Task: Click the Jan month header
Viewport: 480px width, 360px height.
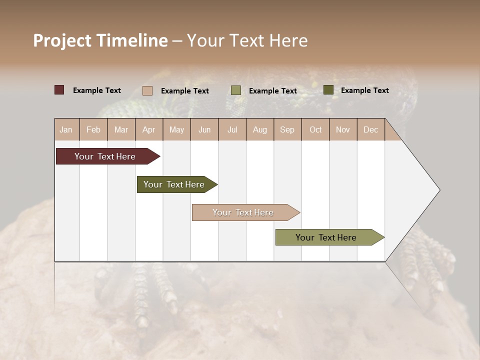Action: point(66,129)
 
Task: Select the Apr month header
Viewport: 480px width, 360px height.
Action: point(148,129)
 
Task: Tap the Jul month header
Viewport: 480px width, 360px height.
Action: point(232,129)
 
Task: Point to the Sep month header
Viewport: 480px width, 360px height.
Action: point(287,129)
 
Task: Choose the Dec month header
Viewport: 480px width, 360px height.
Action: point(370,129)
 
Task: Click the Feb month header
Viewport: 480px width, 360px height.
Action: point(93,129)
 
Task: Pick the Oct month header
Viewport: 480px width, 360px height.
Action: point(315,129)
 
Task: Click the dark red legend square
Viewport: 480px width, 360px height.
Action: point(59,90)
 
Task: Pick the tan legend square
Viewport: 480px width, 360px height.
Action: point(147,90)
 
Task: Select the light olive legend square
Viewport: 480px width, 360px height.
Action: point(236,90)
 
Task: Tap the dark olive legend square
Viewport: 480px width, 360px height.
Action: point(328,90)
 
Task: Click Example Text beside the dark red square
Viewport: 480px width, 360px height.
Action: point(97,90)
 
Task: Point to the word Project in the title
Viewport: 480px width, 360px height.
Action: point(62,40)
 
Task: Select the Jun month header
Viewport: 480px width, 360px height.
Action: point(204,129)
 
